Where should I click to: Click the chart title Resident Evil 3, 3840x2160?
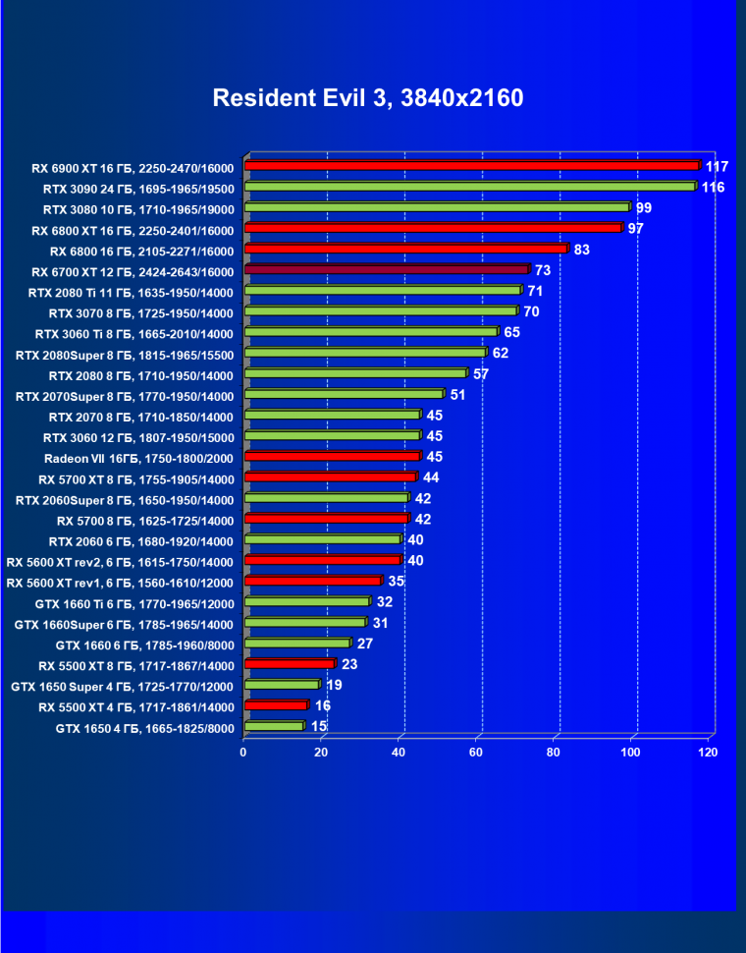368,98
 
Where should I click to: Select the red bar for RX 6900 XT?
471,166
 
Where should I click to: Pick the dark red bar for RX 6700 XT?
387,269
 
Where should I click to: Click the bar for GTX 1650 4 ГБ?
275,726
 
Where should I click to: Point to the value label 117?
717,166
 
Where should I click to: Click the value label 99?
644,207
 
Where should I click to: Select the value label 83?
582,250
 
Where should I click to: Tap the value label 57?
481,374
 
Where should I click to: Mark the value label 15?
319,726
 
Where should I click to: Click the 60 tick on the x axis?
477,753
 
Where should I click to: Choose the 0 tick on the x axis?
243,753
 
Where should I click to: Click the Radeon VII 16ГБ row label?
138,458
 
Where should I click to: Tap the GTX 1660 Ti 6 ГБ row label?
137,603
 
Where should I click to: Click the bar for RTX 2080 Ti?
382,291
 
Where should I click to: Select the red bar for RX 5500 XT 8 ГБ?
290,664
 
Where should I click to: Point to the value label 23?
350,664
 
